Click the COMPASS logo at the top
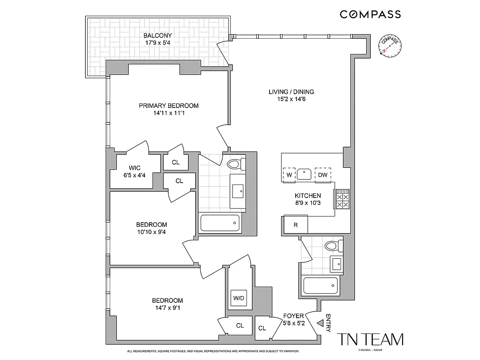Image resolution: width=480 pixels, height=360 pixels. click(370, 14)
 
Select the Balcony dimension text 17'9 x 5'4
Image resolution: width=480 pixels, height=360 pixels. click(157, 43)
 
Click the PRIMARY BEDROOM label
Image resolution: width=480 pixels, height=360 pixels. click(168, 106)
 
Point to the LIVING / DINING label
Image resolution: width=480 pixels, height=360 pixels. click(291, 92)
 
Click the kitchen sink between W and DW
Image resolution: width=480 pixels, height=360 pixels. click(305, 173)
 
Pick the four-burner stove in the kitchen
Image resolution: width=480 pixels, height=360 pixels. click(342, 198)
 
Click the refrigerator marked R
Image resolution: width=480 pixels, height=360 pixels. click(296, 225)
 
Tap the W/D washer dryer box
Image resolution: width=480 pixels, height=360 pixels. click(238, 298)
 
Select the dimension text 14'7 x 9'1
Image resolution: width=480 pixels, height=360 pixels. click(167, 308)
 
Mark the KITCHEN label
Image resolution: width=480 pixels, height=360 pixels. click(308, 196)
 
